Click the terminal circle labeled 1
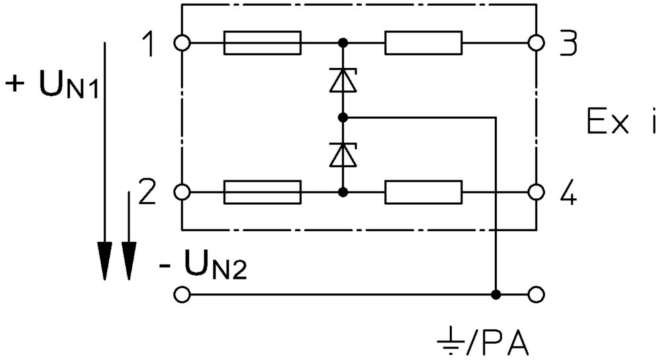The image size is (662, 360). point(182,42)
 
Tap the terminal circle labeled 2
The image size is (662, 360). point(182,193)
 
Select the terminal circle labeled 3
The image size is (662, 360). point(536,42)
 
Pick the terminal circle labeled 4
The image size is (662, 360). point(536,193)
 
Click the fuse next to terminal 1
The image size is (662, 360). point(262,42)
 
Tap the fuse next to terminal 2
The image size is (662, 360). point(262,193)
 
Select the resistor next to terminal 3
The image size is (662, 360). point(424,42)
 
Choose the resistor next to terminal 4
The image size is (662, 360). point(424,193)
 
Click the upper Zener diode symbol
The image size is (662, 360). point(343,80)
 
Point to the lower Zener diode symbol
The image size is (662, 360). point(343,154)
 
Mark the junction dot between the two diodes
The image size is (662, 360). point(343,117)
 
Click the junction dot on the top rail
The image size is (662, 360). point(343,42)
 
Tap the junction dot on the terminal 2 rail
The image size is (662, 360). point(343,193)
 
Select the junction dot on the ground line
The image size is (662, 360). point(496,294)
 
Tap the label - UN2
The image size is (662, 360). point(203,265)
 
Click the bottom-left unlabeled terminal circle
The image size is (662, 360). point(182,294)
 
